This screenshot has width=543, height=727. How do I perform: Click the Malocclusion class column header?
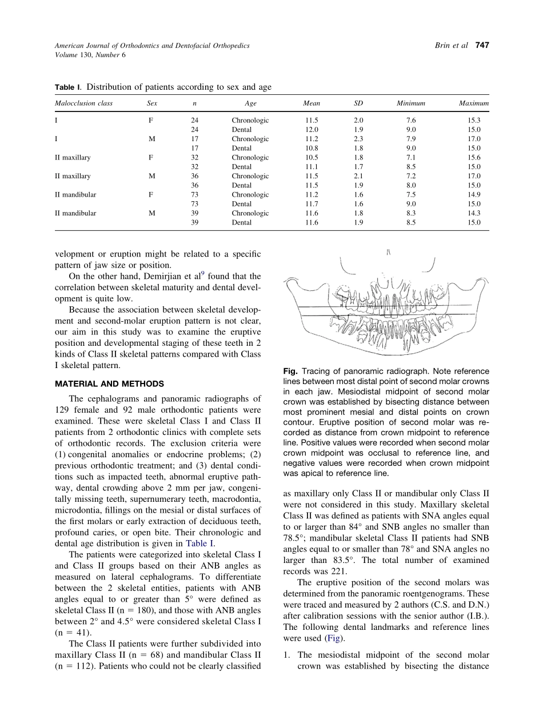pos(83,103)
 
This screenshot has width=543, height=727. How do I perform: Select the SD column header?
pos(358,103)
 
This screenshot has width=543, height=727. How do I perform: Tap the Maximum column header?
pos(474,103)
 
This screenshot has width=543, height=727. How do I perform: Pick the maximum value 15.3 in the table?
pos(474,121)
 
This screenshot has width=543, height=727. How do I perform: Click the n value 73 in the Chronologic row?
pos(195,195)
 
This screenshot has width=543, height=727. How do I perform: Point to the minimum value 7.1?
pos(411,158)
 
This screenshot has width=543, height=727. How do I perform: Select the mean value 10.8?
pos(312,149)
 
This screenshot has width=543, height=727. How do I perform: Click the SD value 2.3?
pos(358,139)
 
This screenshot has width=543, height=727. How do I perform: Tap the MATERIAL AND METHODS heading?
pos(109,384)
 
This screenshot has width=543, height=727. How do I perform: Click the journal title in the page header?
pos(152,46)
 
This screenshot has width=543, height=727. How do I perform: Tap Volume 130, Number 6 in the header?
pos(90,55)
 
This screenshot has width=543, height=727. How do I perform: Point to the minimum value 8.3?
pos(411,213)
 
